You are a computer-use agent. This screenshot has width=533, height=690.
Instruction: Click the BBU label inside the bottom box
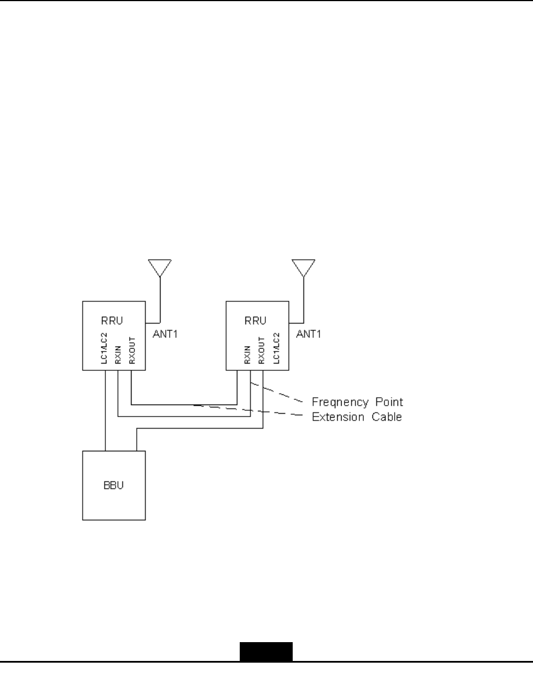pos(113,485)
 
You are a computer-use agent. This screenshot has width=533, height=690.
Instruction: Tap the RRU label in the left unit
pos(108,321)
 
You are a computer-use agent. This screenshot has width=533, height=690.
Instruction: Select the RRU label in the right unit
pos(252,321)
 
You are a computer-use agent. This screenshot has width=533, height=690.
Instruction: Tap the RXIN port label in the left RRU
pos(118,356)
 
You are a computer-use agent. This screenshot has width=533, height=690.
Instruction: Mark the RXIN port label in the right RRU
pos(247,356)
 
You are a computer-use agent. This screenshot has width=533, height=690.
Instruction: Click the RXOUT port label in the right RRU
pos(261,353)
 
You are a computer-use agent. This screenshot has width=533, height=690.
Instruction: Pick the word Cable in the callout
pos(388,417)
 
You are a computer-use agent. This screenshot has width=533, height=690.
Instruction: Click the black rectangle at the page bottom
pos(266,652)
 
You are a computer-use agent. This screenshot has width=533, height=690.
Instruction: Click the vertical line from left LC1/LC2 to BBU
pos(106,410)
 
